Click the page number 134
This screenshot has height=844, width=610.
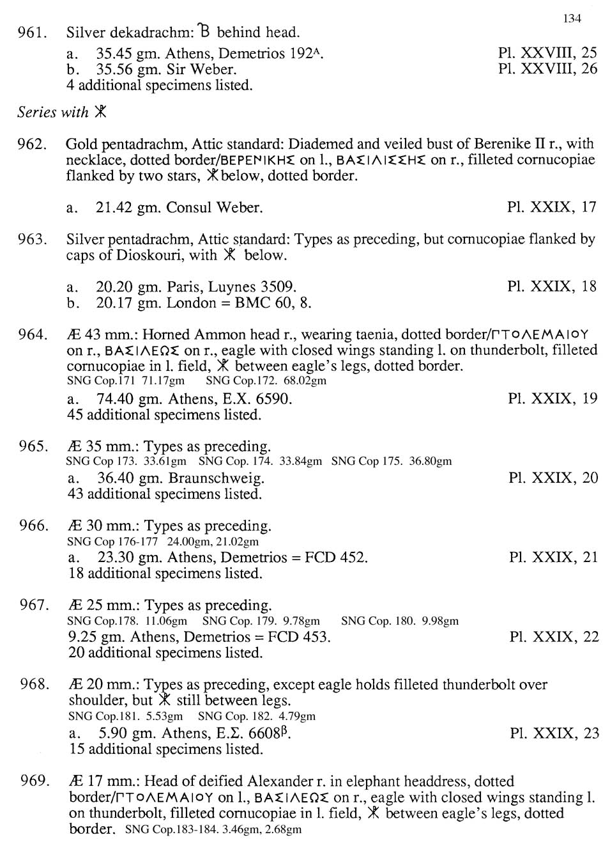click(572, 19)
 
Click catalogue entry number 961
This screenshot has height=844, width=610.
click(33, 32)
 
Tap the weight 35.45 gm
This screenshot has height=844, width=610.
click(122, 53)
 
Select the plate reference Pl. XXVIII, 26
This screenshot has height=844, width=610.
click(547, 68)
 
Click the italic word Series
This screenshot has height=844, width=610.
click(36, 113)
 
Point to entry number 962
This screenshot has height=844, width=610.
click(33, 144)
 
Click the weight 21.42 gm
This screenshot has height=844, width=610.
click(122, 207)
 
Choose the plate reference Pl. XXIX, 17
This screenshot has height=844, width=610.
click(552, 207)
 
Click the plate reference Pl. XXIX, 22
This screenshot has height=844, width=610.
click(554, 636)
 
